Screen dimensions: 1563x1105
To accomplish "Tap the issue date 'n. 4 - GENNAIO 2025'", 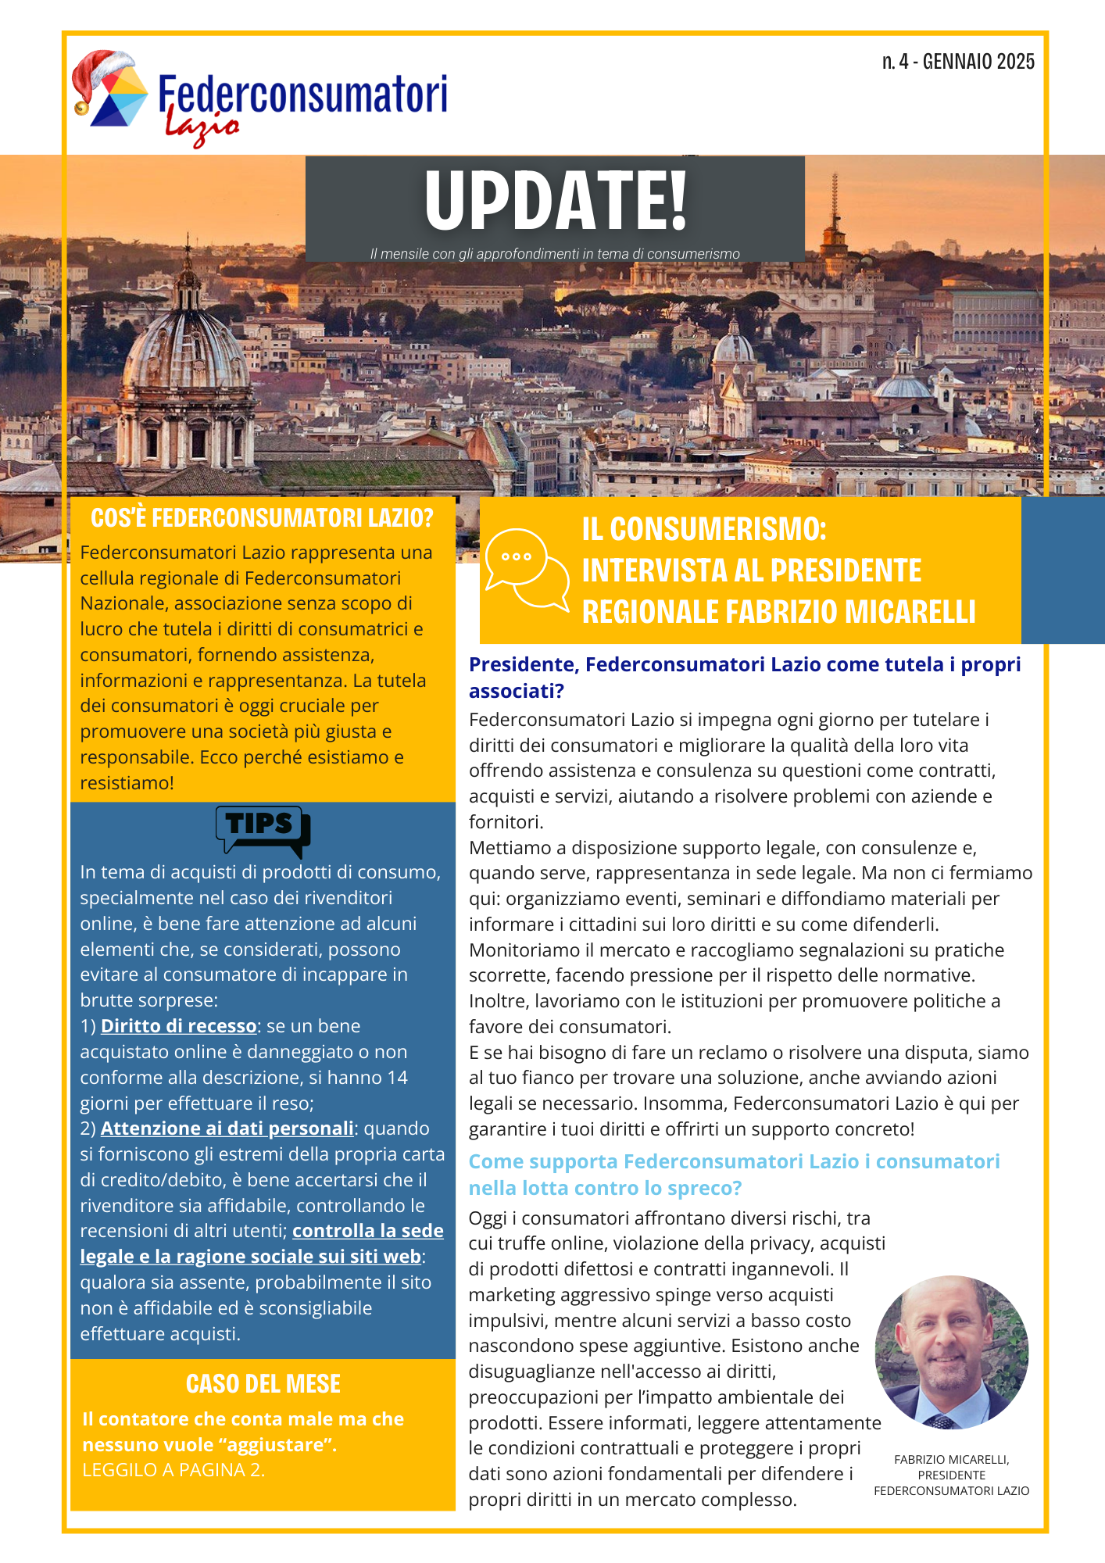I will click(958, 62).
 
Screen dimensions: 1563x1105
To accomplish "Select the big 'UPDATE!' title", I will click(556, 200).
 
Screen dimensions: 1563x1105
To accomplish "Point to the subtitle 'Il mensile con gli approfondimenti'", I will click(555, 254).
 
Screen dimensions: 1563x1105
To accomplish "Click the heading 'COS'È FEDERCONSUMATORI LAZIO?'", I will click(262, 517).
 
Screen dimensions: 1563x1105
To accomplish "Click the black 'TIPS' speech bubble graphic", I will click(263, 831).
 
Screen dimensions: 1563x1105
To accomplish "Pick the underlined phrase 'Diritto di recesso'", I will click(178, 1026).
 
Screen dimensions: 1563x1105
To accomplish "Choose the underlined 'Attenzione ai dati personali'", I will click(227, 1128).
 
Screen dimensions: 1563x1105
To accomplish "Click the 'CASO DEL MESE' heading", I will click(263, 1383).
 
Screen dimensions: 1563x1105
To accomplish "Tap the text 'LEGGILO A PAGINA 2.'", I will click(173, 1470).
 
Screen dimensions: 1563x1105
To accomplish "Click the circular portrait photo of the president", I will click(951, 1353).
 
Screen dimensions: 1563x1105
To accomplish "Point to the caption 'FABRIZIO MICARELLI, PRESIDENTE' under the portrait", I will click(951, 1467).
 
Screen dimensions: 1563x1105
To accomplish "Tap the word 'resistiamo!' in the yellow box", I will click(127, 783).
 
